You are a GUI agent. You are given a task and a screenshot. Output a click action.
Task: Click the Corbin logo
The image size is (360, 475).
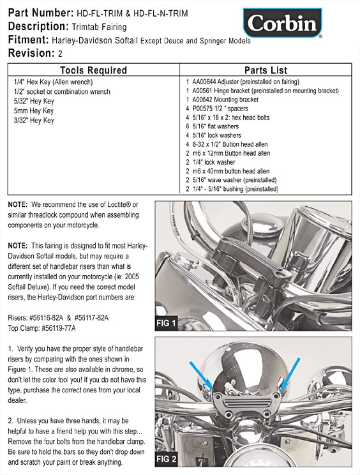click(x=283, y=23)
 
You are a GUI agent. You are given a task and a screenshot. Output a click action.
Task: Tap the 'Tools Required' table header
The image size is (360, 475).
click(x=93, y=70)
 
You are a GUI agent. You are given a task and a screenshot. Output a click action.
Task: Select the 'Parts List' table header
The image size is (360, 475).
click(x=266, y=70)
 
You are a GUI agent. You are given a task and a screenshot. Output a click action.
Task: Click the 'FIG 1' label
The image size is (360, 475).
click(x=166, y=323)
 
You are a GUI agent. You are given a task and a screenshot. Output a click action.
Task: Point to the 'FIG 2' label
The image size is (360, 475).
click(x=166, y=459)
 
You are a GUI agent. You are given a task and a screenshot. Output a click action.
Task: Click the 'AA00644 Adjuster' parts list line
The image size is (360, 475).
click(x=243, y=82)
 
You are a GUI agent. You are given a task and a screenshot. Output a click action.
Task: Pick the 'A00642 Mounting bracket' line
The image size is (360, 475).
click(x=222, y=100)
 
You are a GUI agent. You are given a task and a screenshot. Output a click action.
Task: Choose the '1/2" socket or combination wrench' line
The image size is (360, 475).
click(x=62, y=91)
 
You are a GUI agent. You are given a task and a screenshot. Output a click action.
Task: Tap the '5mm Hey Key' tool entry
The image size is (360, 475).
click(x=34, y=110)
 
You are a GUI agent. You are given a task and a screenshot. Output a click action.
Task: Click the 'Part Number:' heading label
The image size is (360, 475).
click(x=41, y=13)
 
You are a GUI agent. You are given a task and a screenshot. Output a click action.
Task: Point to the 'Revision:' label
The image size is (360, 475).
click(x=31, y=54)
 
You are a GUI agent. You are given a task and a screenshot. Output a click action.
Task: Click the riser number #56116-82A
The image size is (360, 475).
click(x=47, y=318)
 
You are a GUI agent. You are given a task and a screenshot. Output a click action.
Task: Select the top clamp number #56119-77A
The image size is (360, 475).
click(x=59, y=328)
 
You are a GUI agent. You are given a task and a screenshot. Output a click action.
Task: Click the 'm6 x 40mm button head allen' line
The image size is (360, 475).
click(x=228, y=171)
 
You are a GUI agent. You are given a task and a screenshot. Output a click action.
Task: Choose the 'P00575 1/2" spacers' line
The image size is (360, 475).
click(x=217, y=109)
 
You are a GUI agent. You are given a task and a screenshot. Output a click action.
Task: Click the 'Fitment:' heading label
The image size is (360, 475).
click(x=29, y=40)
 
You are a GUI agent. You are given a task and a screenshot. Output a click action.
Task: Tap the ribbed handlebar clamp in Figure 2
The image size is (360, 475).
click(x=246, y=404)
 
